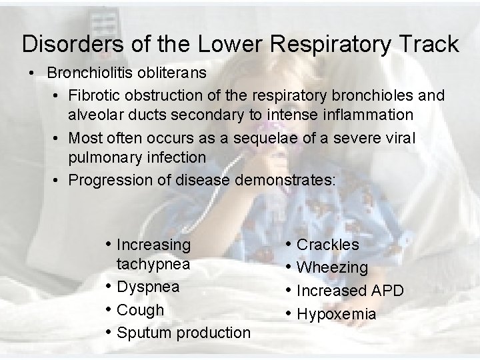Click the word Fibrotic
93,95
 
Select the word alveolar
98,115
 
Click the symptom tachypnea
153,264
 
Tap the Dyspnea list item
148,287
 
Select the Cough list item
140,310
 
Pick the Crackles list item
327,245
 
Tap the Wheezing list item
332,267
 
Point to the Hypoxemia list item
336,314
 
